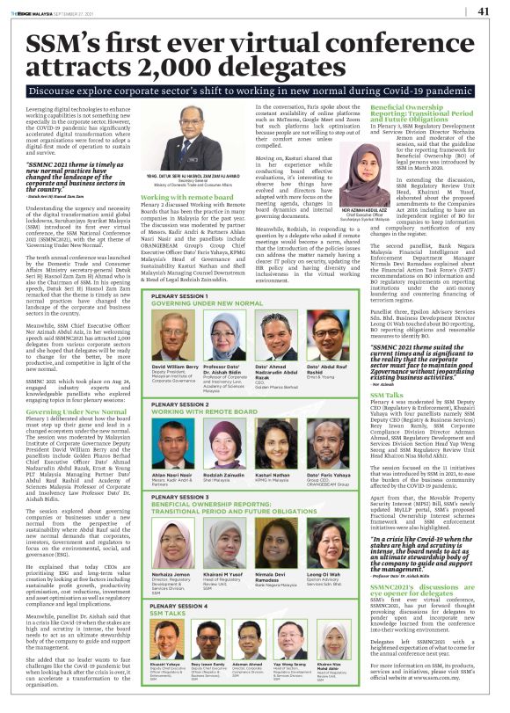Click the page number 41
click(483, 11)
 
